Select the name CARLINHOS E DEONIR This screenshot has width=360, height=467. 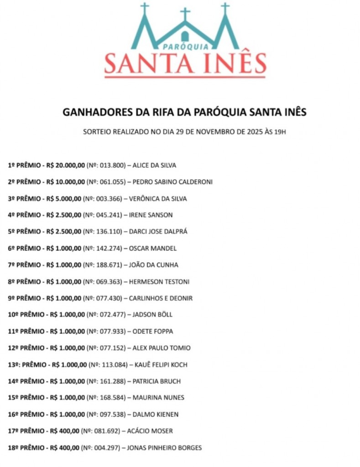(x=161, y=298)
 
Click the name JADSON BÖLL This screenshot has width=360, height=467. (x=152, y=315)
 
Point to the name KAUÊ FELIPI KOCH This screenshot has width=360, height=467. (x=161, y=365)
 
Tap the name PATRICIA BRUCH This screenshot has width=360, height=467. (x=157, y=381)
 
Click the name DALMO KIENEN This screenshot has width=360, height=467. (x=156, y=415)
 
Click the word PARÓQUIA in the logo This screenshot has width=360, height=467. (x=186, y=46)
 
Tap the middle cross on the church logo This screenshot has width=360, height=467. (x=185, y=14)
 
